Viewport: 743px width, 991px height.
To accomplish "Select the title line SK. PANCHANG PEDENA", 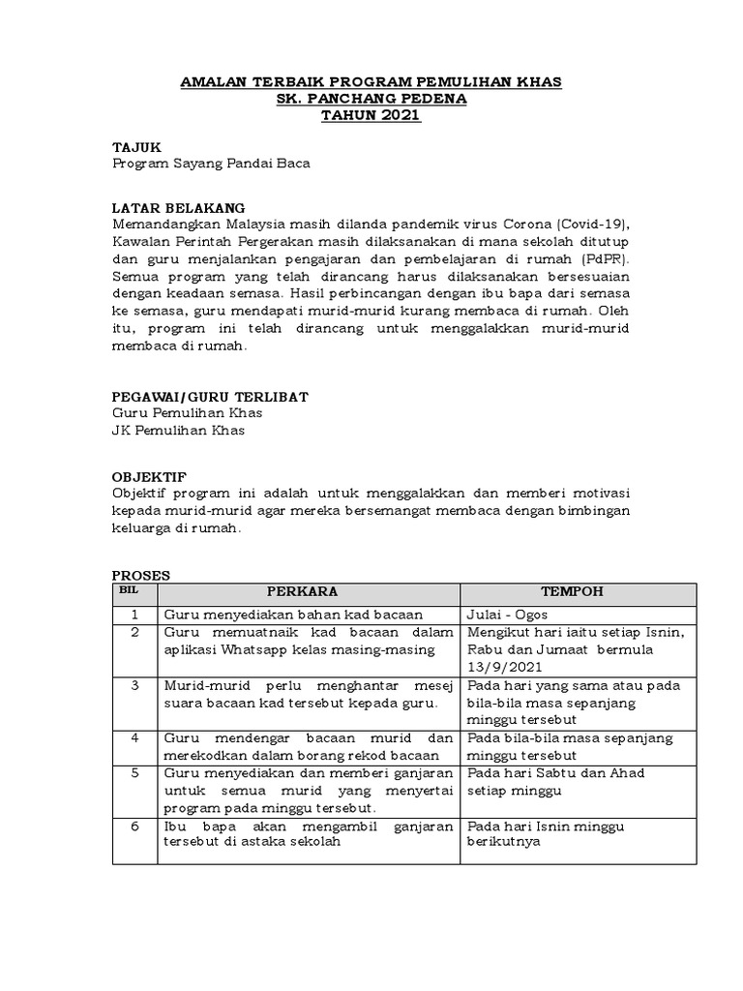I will click(x=371, y=100).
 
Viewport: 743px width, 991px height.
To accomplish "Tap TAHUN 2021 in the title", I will click(x=371, y=116).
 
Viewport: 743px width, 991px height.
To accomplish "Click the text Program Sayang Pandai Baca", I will click(x=211, y=164).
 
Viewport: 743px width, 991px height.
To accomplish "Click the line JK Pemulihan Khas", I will click(x=178, y=431).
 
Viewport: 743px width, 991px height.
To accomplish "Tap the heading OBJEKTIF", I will click(x=149, y=477).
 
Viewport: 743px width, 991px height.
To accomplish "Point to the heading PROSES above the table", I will click(x=140, y=575).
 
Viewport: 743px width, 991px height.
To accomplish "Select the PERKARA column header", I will click(x=308, y=592).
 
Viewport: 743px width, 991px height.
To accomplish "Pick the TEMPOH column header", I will click(x=577, y=592).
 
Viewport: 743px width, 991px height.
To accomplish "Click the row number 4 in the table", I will click(x=135, y=738).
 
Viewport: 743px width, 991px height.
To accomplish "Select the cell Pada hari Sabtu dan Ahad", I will click(x=555, y=773).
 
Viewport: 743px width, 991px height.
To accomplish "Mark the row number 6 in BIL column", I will click(x=135, y=827).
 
